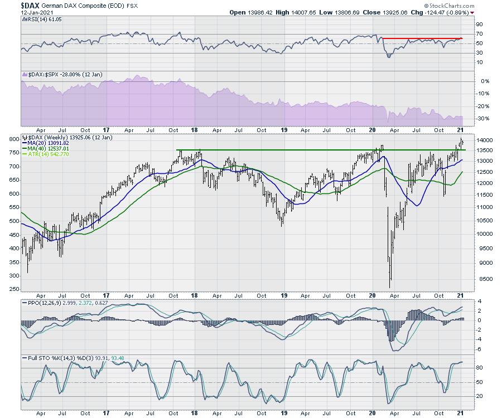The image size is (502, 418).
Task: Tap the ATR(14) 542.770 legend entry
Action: [x=49, y=154]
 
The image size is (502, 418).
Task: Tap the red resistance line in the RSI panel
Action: [x=422, y=38]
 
